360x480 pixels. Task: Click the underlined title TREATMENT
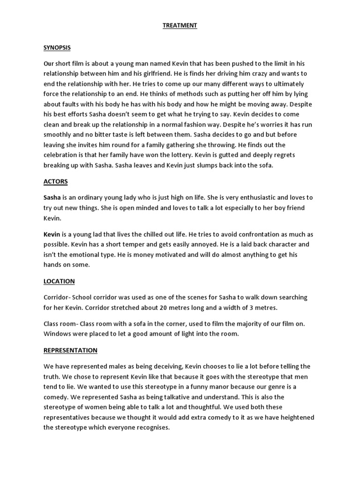(180, 26)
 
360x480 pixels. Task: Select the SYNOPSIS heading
(57, 48)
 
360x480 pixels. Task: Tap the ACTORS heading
(55, 181)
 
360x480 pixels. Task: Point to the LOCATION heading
(59, 281)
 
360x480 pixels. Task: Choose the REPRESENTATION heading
(70, 350)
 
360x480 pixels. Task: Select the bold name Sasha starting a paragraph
(52, 198)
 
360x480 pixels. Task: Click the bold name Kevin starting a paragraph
(52, 234)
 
